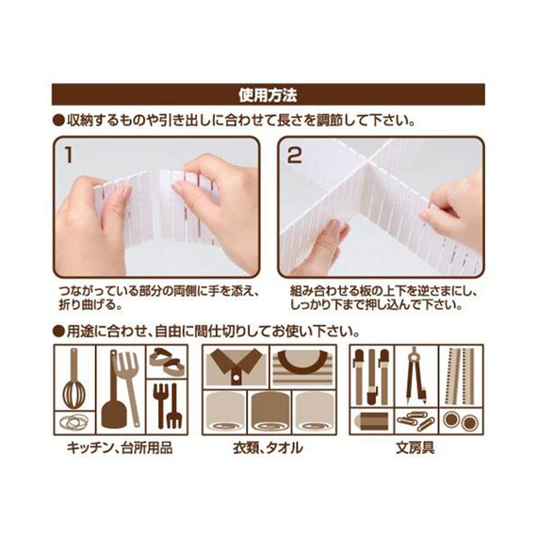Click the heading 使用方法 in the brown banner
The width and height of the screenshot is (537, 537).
pos(268,95)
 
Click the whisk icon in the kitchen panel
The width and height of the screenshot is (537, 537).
pos(72,382)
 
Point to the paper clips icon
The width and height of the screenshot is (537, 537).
pos(414,420)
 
